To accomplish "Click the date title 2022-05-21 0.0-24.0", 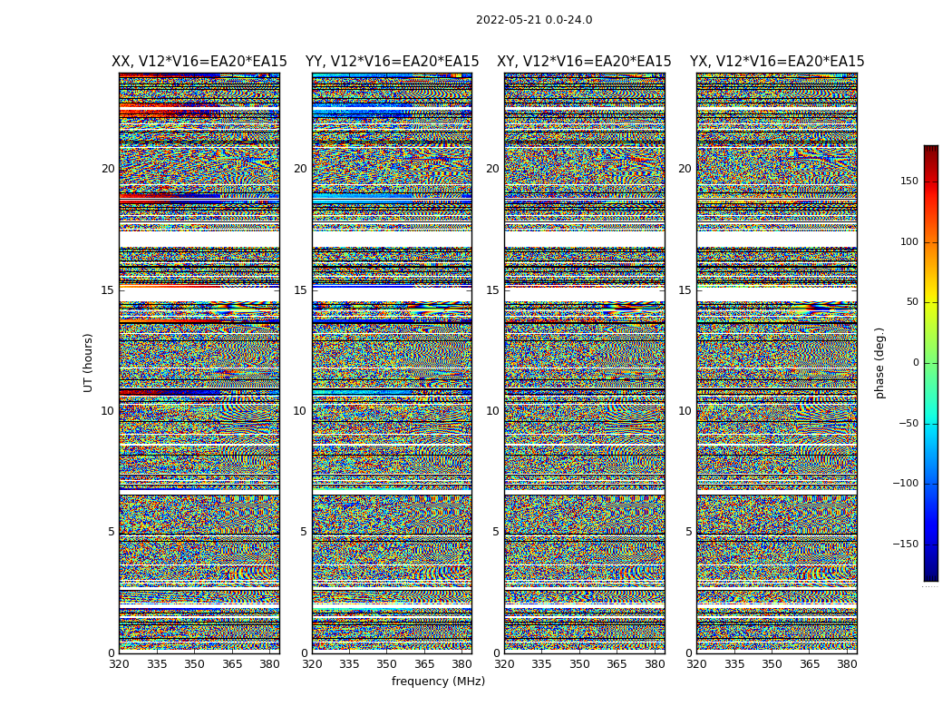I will [534, 20].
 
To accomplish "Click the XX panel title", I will [199, 62].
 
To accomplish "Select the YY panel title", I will [392, 62].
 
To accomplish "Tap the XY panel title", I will [584, 62].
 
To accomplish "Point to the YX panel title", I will [777, 62].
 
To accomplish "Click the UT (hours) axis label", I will [89, 362].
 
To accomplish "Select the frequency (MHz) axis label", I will [438, 682].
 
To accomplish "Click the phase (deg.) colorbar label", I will [880, 362].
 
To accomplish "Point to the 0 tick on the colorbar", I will [916, 363].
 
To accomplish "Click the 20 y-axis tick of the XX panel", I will [108, 169].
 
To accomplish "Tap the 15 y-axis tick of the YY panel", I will [300, 290].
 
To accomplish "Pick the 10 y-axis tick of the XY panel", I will [492, 411].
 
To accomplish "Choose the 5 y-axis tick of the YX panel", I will [688, 532].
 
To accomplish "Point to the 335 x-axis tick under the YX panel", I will [734, 664].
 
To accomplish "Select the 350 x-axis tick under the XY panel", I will [579, 664].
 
